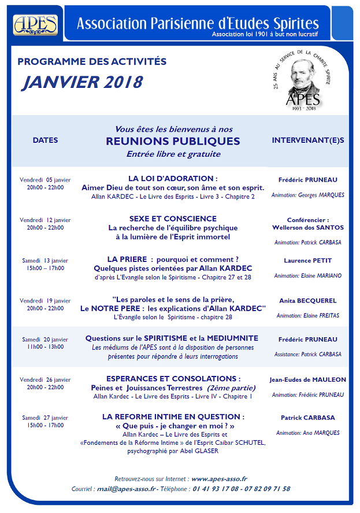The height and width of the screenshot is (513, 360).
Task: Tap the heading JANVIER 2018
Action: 81,82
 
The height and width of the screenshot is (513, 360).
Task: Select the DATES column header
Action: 45,141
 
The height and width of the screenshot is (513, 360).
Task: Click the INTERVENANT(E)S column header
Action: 307,141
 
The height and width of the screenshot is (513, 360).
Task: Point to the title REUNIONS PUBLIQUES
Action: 173,142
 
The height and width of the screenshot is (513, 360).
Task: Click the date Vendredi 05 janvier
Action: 45,179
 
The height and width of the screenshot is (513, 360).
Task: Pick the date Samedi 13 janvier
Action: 45,260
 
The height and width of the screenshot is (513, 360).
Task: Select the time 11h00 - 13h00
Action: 45,347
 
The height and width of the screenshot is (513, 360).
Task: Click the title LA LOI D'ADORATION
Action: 173,178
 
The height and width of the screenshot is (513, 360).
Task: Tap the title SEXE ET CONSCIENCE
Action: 173,219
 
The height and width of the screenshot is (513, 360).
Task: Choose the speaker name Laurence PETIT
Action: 307,261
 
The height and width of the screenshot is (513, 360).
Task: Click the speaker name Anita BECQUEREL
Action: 307,301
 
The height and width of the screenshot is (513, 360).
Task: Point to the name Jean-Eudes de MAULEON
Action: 307,380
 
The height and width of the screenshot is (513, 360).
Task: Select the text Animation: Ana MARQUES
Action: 307,433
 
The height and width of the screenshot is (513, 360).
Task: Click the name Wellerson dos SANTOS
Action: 307,228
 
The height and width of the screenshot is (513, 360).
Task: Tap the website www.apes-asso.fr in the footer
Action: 219,479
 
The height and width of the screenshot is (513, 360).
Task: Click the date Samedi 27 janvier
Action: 45,417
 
